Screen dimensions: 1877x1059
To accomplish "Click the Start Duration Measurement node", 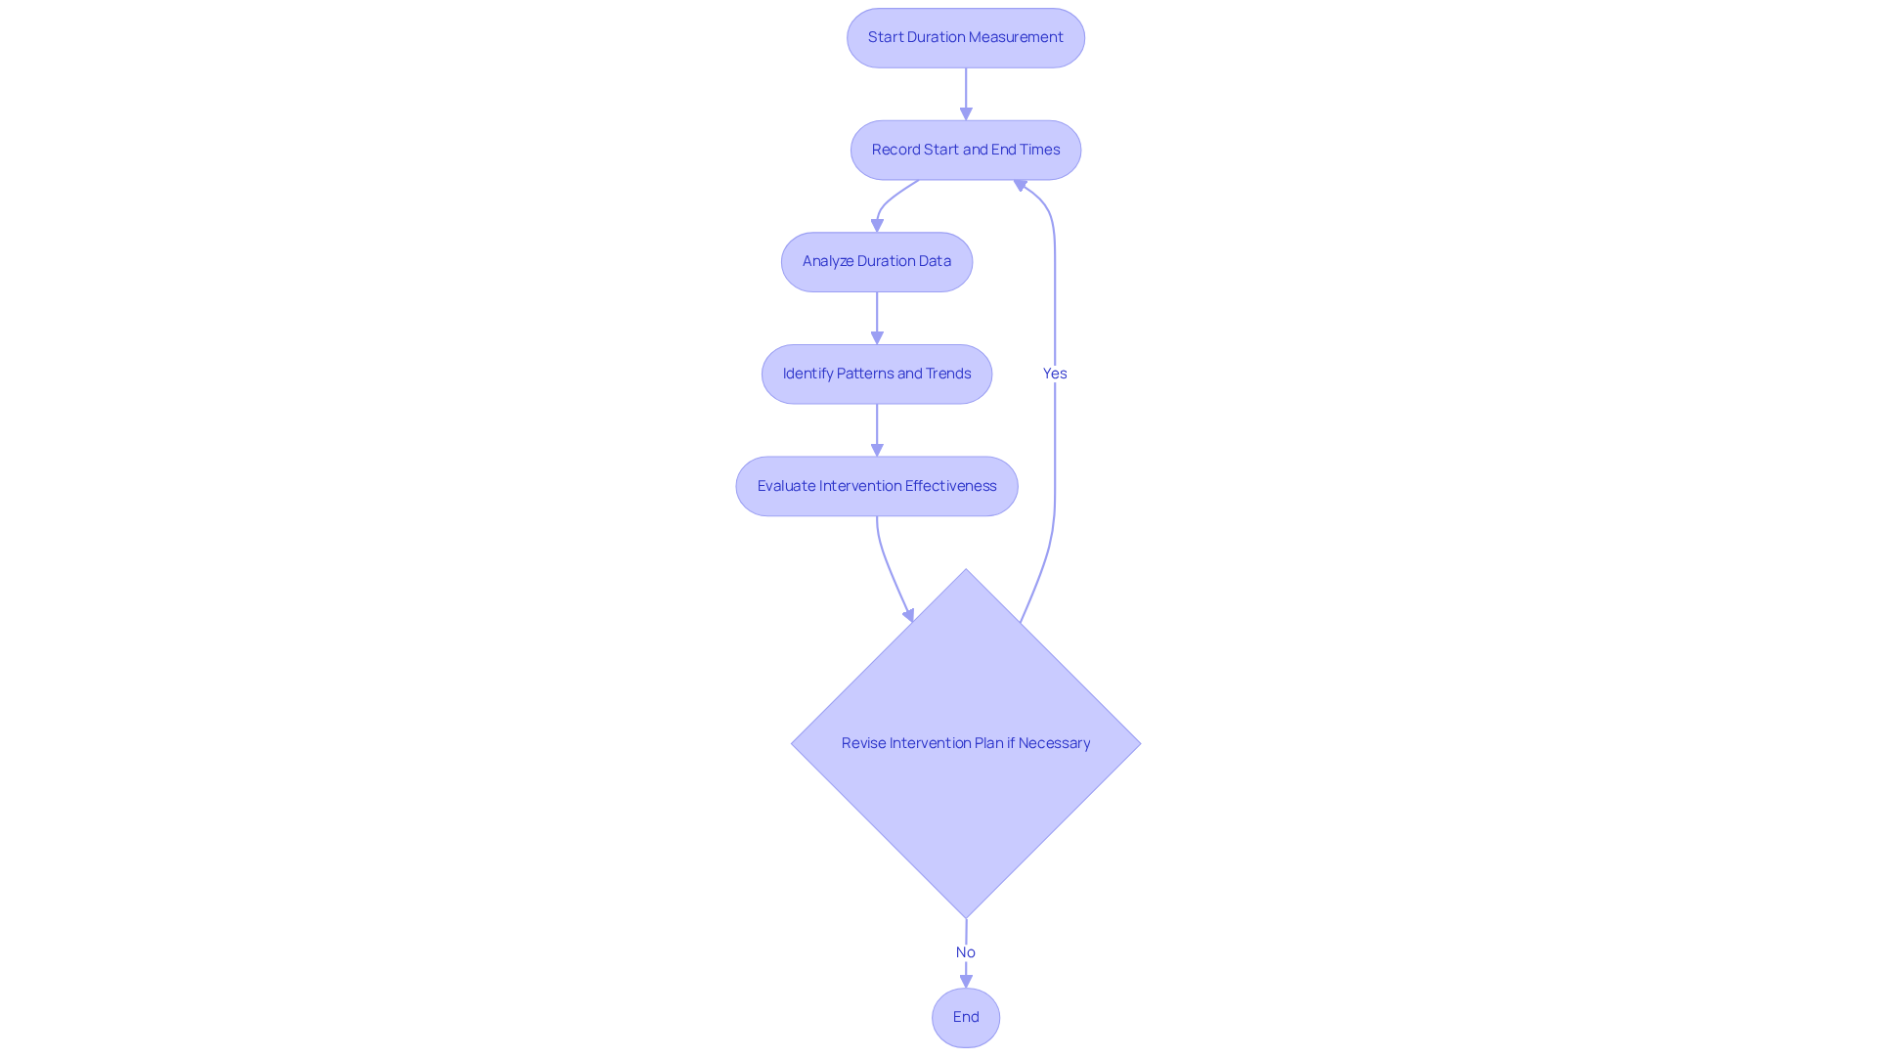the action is pyautogui.click(x=965, y=38).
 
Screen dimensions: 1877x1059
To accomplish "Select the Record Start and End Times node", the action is pyautogui.click(x=965, y=150).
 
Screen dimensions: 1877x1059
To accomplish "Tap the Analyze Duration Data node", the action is pyautogui.click(x=876, y=262).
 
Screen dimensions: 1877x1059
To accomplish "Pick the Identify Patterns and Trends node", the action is pyautogui.click(x=876, y=374).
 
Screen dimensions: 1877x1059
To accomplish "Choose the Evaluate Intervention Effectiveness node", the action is pyautogui.click(x=876, y=486).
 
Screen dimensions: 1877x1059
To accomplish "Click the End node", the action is pyautogui.click(x=965, y=1017).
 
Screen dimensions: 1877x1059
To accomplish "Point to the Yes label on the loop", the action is pyautogui.click(x=1054, y=374).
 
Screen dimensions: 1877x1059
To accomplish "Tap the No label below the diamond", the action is pyautogui.click(x=965, y=952).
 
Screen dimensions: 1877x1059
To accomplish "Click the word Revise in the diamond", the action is pyautogui.click(x=863, y=743).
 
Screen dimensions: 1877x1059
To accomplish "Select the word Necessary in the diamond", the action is pyautogui.click(x=1054, y=743).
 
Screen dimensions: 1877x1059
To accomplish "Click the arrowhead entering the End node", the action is pyautogui.click(x=966, y=981).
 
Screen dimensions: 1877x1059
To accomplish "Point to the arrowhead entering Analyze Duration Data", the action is pyautogui.click(x=877, y=225).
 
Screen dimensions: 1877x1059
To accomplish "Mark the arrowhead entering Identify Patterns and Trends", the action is pyautogui.click(x=877, y=337).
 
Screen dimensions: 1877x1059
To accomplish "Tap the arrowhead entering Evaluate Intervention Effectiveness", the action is pyautogui.click(x=877, y=450).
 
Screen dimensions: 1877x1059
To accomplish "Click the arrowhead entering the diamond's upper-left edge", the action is pyautogui.click(x=909, y=615).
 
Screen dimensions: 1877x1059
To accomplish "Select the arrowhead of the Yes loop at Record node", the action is pyautogui.click(x=1020, y=185).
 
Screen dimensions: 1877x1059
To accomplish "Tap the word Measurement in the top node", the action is pyautogui.click(x=1015, y=37).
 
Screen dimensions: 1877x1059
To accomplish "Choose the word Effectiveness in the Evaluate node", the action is pyautogui.click(x=950, y=486).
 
